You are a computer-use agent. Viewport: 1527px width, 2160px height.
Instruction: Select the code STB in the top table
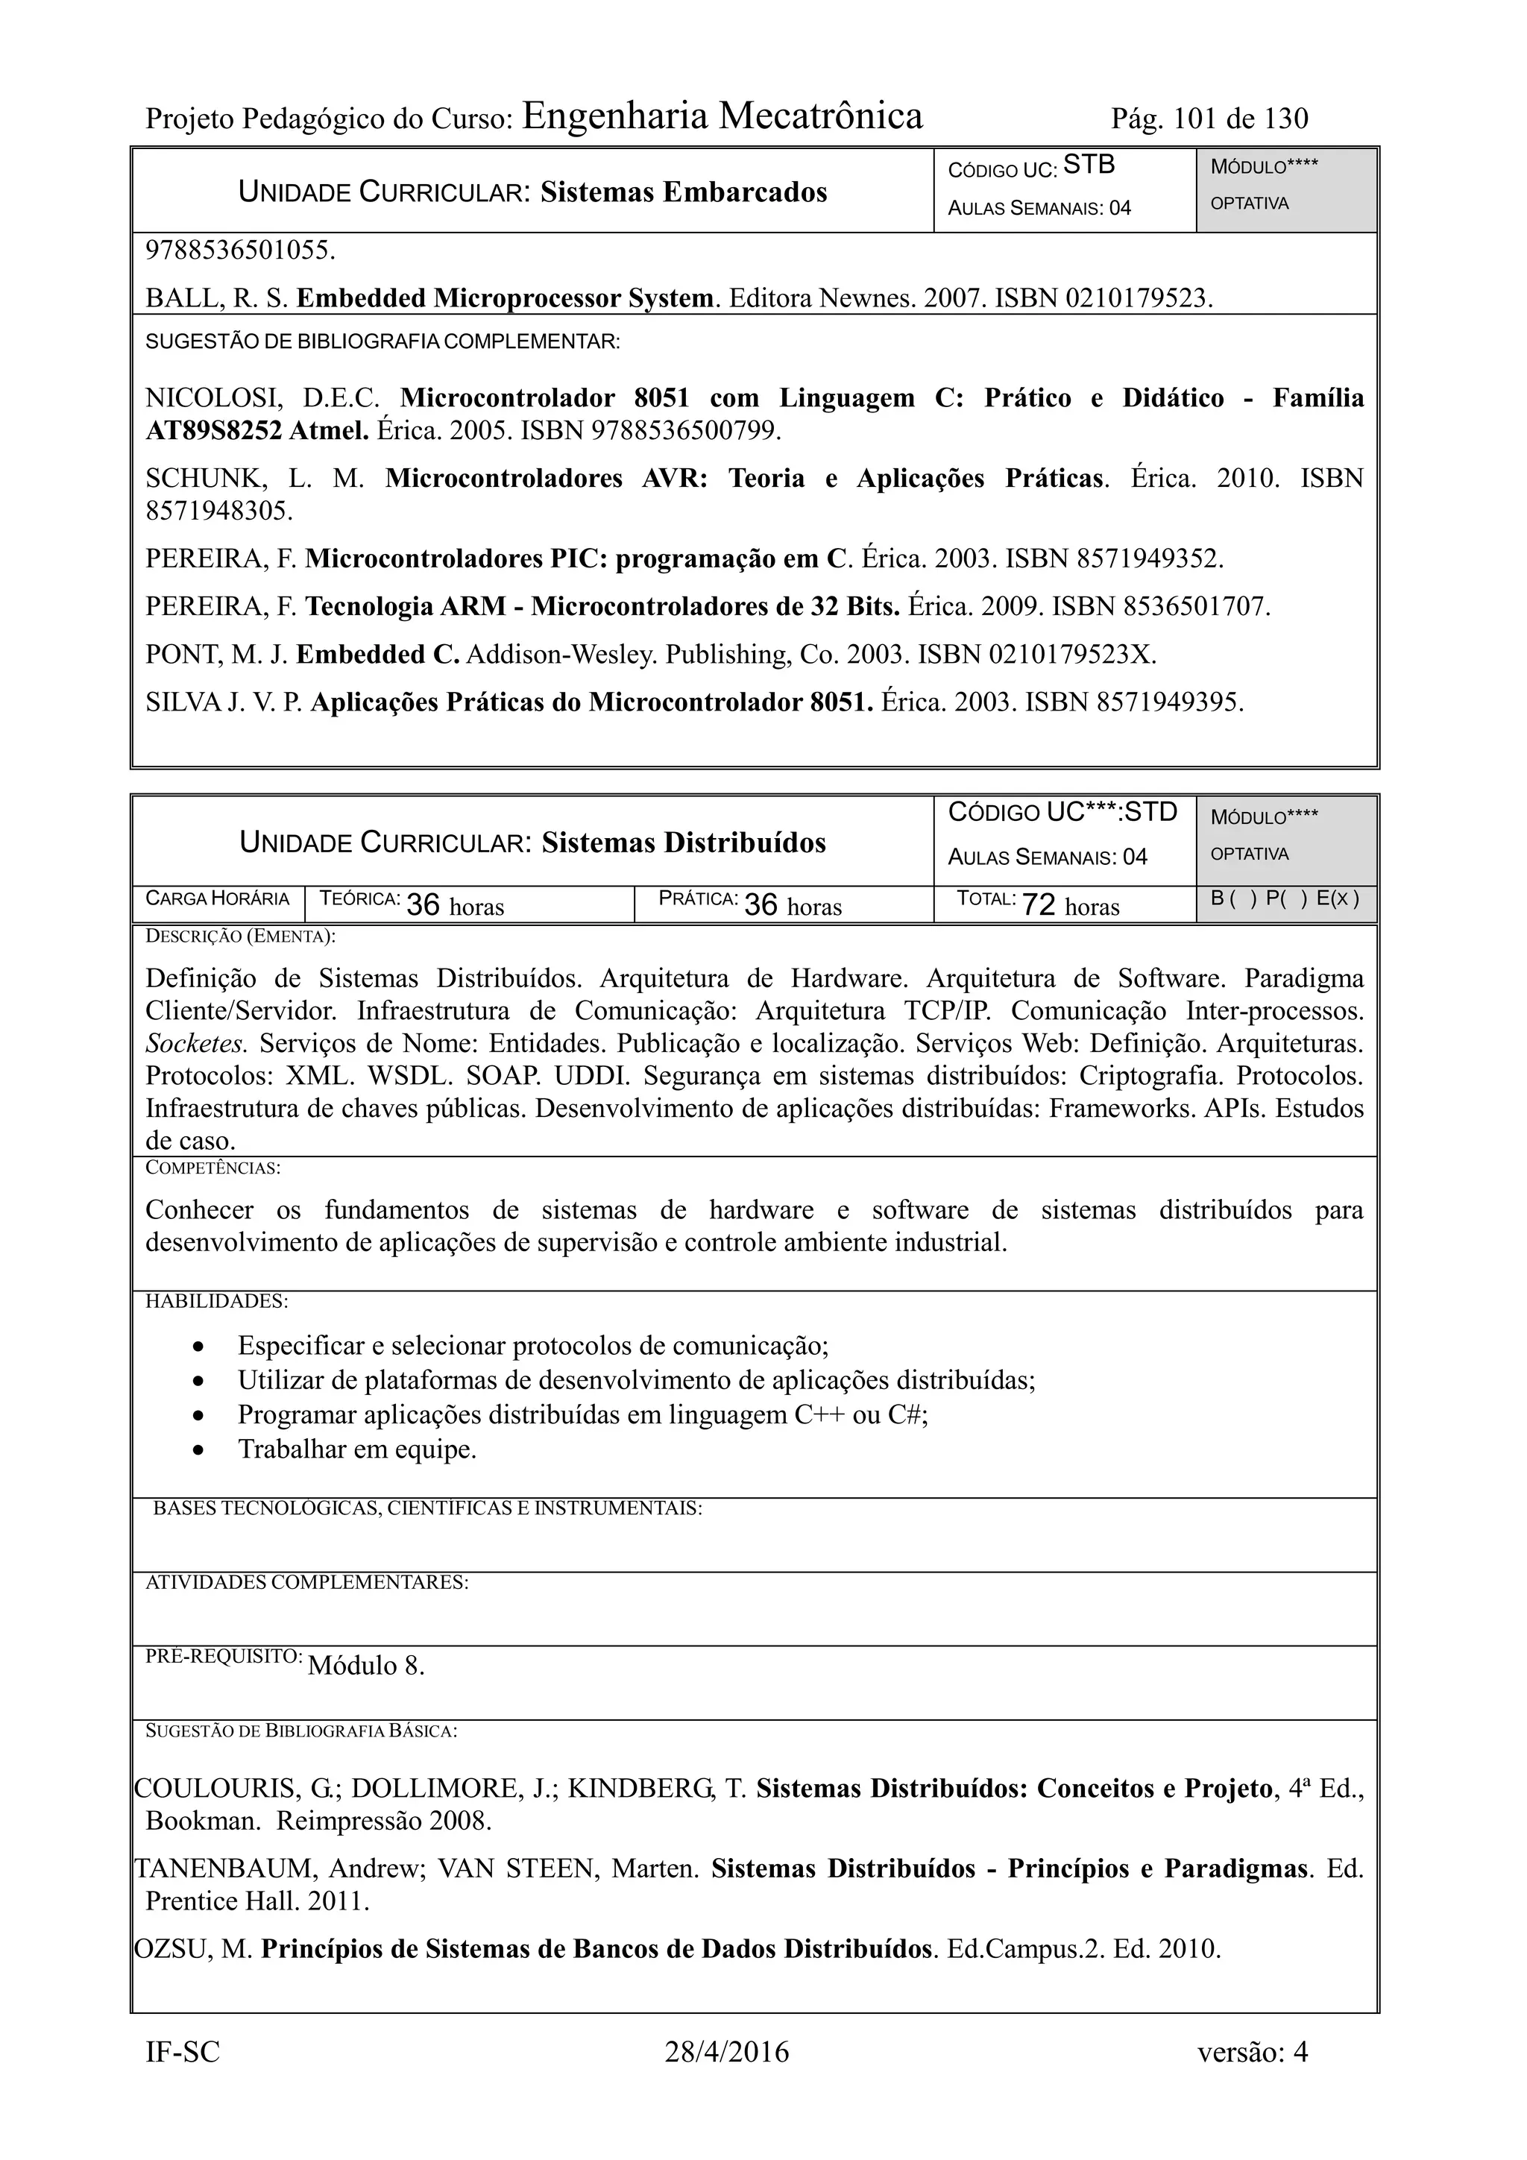pos(1089,165)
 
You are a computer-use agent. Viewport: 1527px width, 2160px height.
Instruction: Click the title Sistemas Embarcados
pos(684,192)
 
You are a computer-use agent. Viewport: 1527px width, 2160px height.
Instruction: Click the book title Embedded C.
pos(377,655)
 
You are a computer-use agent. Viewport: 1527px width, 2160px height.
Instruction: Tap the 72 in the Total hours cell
pos(1038,905)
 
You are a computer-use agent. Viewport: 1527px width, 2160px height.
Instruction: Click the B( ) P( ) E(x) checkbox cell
pos(1285,898)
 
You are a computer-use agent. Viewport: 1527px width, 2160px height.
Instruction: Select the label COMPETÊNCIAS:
pos(212,1168)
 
